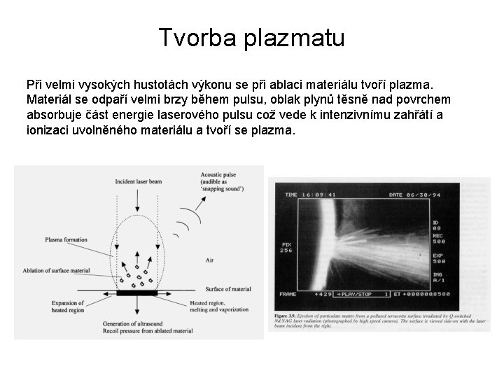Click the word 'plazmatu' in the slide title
tap(294, 38)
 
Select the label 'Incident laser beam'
tap(137, 181)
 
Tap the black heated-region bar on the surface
tap(137, 293)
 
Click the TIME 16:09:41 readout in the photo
tap(307, 195)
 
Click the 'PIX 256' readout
tap(286, 246)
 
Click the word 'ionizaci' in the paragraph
tap(46, 131)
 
